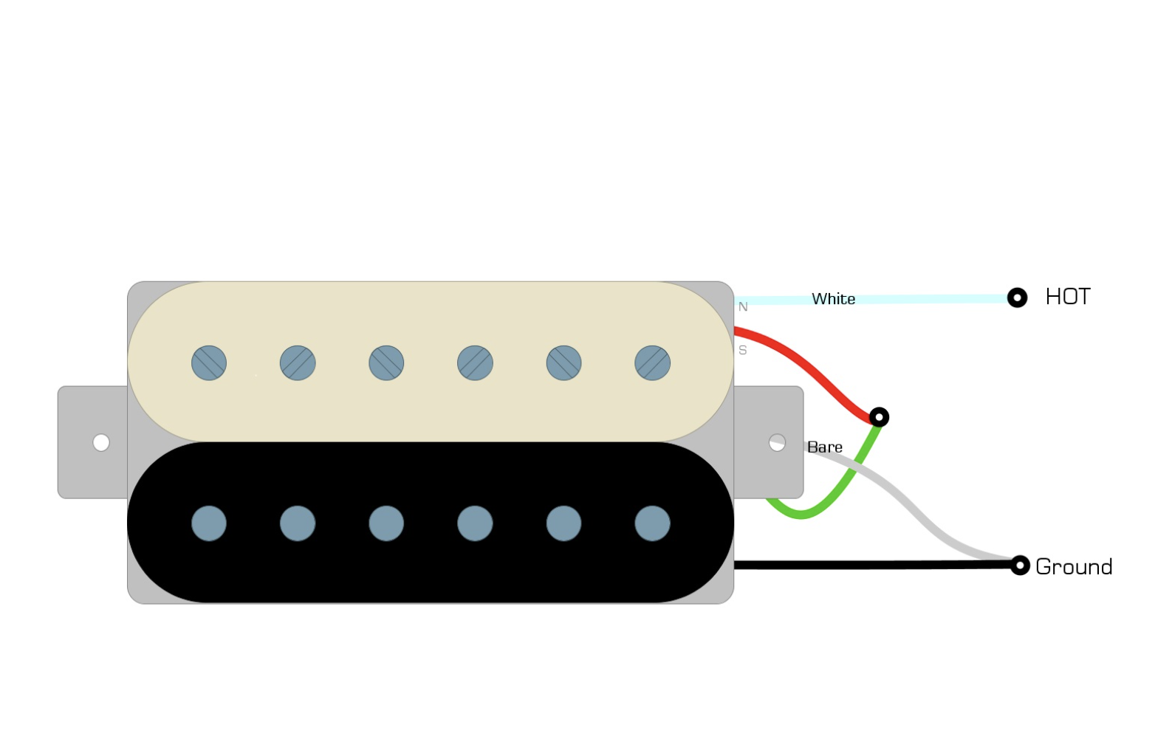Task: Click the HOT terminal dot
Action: click(x=1017, y=298)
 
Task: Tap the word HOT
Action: click(x=1068, y=297)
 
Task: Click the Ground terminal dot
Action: click(x=1019, y=566)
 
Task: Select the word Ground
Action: click(x=1074, y=567)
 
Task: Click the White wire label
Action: click(x=833, y=299)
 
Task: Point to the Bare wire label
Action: click(x=824, y=447)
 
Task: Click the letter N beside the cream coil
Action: click(x=743, y=306)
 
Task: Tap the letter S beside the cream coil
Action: click(x=742, y=350)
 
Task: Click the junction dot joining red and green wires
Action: click(x=879, y=417)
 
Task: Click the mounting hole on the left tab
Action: click(x=101, y=442)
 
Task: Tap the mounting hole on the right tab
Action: click(x=777, y=442)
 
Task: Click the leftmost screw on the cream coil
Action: click(x=209, y=362)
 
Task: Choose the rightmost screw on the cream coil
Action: click(x=652, y=362)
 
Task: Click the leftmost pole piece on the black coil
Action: click(x=209, y=523)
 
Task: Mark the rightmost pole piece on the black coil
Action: click(x=652, y=523)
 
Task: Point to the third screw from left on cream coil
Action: click(x=386, y=362)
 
